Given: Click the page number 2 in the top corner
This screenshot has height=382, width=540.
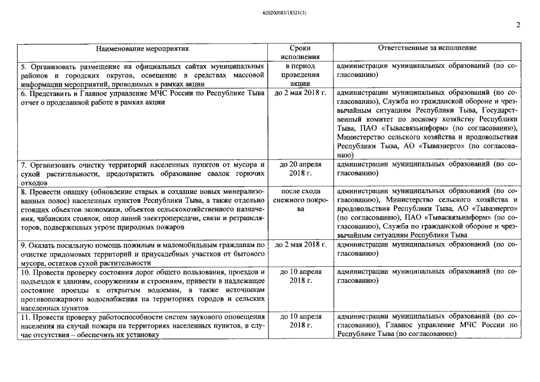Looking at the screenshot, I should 518,25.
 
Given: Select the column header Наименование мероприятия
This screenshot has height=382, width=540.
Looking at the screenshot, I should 142,48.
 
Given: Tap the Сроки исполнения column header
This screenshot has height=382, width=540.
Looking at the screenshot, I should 300,53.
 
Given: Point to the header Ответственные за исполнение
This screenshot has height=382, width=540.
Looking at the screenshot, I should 427,48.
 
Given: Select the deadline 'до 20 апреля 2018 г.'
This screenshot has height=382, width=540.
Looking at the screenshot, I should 300,168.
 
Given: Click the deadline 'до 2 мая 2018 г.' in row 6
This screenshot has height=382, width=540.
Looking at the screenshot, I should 300,94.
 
